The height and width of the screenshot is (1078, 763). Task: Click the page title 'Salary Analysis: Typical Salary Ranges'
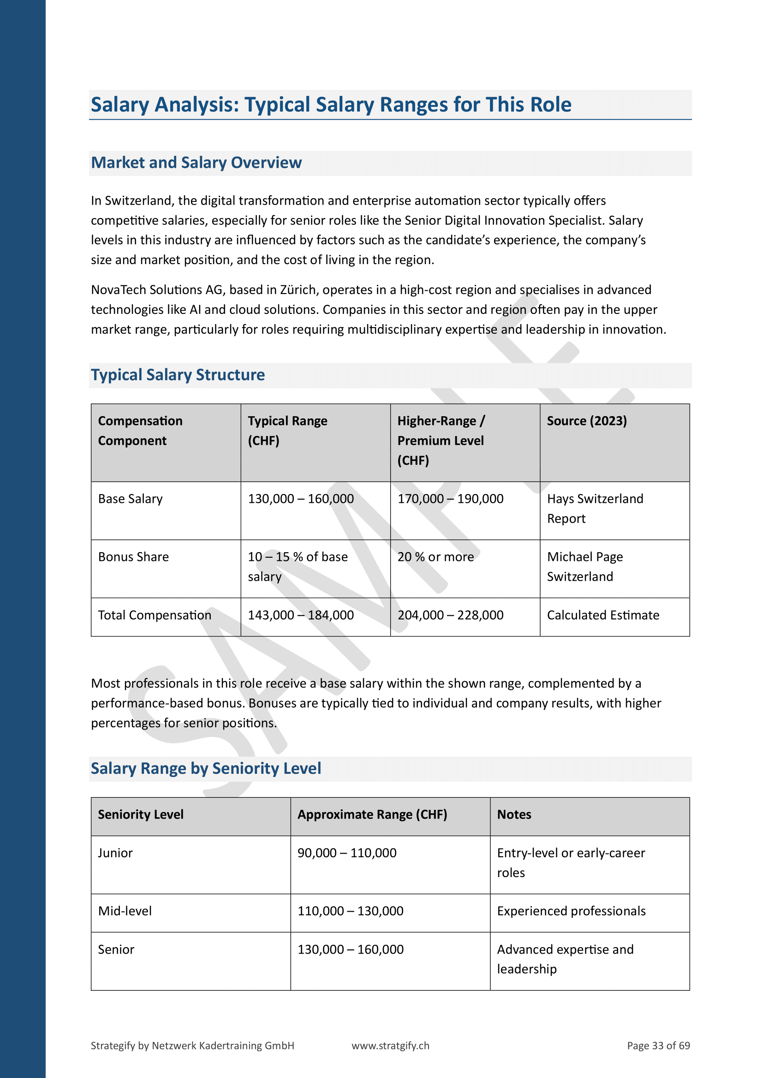(331, 105)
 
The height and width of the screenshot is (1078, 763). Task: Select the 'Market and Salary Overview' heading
(196, 162)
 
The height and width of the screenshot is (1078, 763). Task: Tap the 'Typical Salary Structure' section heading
(178, 375)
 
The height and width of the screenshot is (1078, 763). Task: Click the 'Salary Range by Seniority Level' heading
(206, 768)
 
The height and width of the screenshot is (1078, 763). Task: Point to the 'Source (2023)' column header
(586, 421)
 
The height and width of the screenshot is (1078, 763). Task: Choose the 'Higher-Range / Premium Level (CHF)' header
(441, 441)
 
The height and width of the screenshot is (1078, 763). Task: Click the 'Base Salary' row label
(130, 499)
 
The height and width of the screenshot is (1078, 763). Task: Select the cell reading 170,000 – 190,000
(450, 499)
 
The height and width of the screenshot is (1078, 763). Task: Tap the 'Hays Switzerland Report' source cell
(595, 508)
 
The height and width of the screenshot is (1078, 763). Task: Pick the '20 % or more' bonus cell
(435, 557)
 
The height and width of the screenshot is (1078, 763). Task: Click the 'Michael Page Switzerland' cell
(584, 567)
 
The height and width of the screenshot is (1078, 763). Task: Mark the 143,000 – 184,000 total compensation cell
(301, 615)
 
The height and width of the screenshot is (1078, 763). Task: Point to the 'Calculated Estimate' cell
(603, 615)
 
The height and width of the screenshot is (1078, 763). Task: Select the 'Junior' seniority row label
(115, 853)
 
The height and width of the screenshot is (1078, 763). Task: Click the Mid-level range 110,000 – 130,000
(350, 911)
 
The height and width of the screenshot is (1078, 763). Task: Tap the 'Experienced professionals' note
(571, 911)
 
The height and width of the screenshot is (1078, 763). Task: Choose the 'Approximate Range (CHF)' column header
(372, 814)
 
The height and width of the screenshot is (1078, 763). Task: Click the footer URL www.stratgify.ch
(390, 1046)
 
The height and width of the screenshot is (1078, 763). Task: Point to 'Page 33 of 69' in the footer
(658, 1046)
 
